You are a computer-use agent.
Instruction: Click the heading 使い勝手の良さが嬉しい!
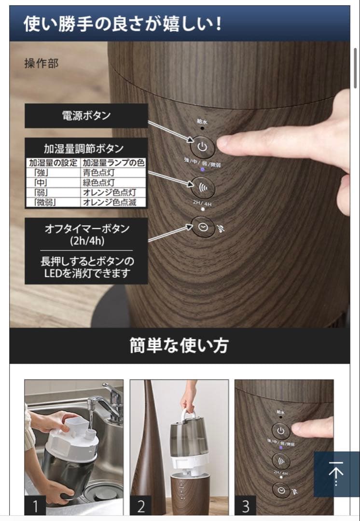click(123, 23)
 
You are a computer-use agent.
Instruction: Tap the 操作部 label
click(41, 64)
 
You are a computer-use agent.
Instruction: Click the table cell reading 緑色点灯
click(98, 183)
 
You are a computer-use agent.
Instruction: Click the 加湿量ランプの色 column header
click(113, 163)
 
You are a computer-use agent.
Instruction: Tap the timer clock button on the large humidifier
click(203, 228)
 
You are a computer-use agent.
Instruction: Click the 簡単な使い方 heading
click(179, 345)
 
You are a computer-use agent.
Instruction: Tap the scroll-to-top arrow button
click(336, 474)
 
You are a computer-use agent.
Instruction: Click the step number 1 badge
click(35, 506)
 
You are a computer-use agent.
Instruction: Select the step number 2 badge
click(140, 506)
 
